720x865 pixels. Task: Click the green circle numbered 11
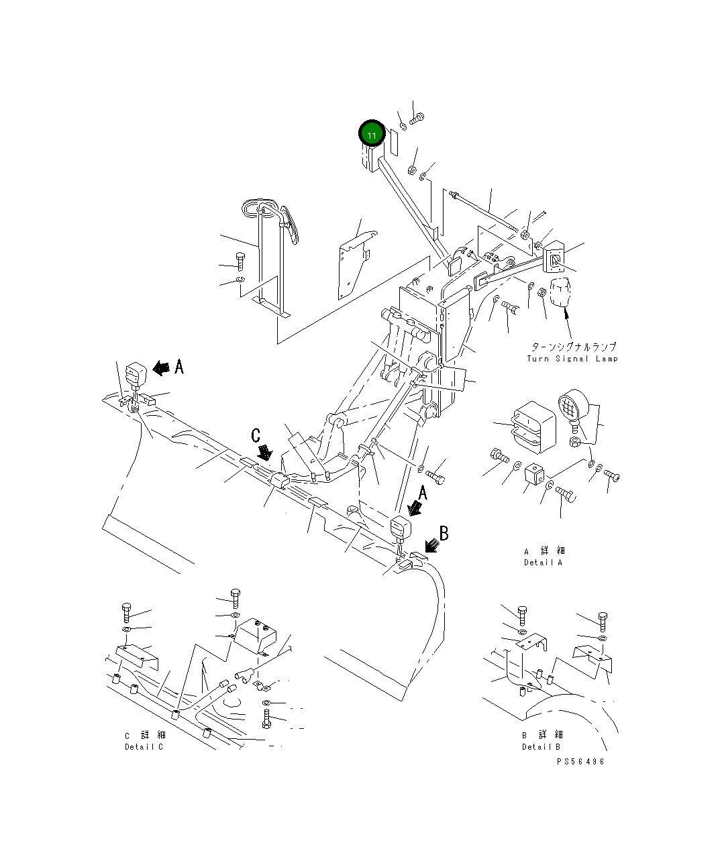click(371, 134)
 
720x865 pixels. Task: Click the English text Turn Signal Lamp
click(572, 359)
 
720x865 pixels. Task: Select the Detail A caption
click(544, 557)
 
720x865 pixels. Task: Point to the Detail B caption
click(542, 740)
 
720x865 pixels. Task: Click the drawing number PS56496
click(580, 762)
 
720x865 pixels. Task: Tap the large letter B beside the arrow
click(444, 534)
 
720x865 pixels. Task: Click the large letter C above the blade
click(256, 436)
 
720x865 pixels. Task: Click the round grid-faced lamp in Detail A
click(572, 406)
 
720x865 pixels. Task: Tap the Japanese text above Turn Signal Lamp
click(573, 347)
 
